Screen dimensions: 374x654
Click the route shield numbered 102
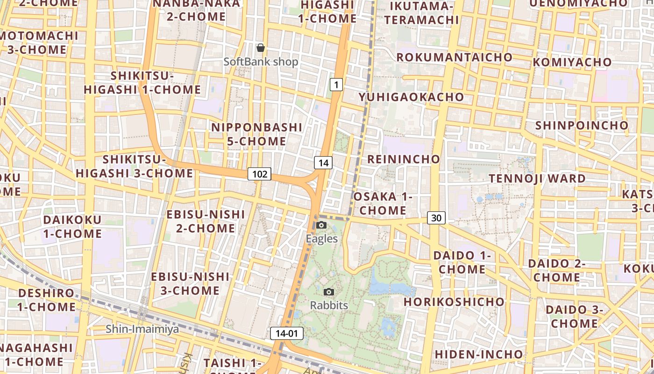pyautogui.click(x=260, y=174)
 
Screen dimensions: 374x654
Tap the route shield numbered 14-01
pyautogui.click(x=287, y=333)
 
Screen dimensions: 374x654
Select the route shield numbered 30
pyautogui.click(x=436, y=218)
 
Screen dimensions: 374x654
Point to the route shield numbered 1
pyautogui.click(x=336, y=85)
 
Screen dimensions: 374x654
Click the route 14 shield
pyautogui.click(x=323, y=163)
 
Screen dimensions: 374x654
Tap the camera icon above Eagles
pyautogui.click(x=321, y=225)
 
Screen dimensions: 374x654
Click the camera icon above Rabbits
pyautogui.click(x=329, y=292)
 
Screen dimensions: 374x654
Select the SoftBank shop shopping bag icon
pyautogui.click(x=261, y=48)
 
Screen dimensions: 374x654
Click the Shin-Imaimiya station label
pyautogui.click(x=142, y=329)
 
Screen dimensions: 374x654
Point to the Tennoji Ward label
pyautogui.click(x=537, y=179)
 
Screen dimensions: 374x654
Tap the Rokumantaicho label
pyautogui.click(x=455, y=58)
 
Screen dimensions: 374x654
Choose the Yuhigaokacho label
pyautogui.click(x=411, y=97)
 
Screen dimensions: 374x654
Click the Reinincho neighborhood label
pyautogui.click(x=404, y=159)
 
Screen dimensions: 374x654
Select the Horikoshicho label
pyautogui.click(x=454, y=302)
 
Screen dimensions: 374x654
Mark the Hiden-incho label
pyautogui.click(x=479, y=354)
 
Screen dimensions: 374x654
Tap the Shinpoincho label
pyautogui.click(x=582, y=126)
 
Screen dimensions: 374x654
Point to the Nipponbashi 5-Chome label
pyautogui.click(x=256, y=134)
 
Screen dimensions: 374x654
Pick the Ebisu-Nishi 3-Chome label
pyautogui.click(x=190, y=284)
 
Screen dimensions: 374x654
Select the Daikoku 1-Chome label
pyautogui.click(x=72, y=227)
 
